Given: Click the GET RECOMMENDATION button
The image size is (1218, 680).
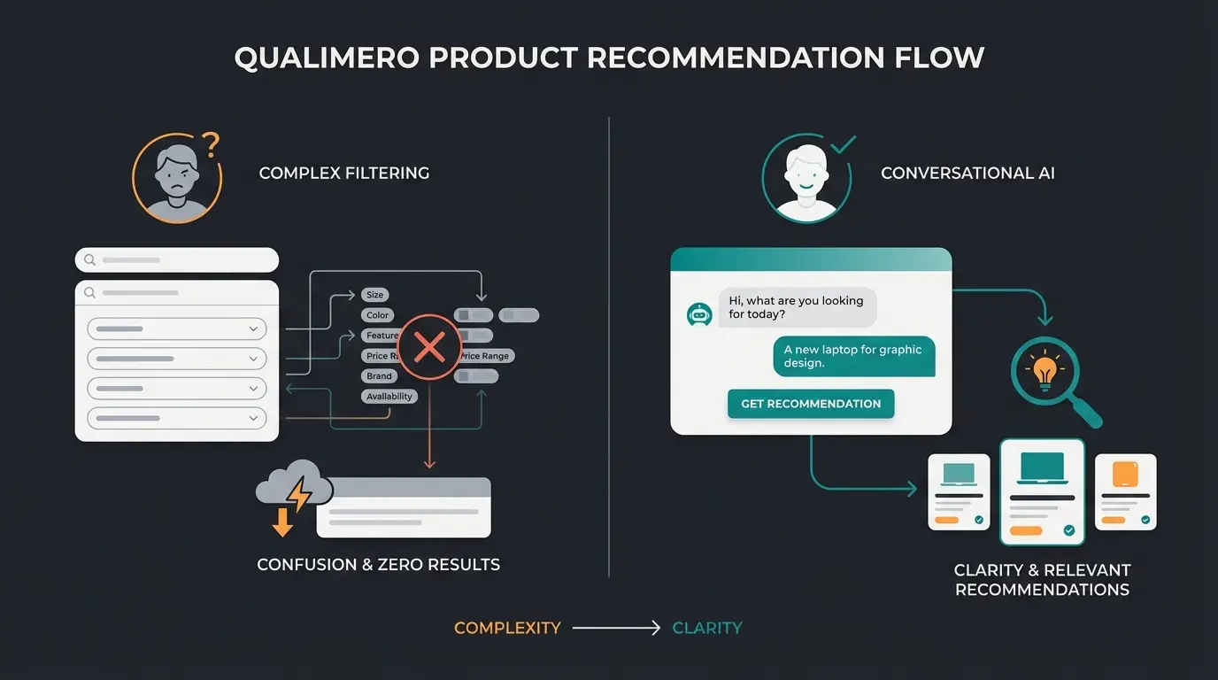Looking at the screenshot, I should tap(811, 404).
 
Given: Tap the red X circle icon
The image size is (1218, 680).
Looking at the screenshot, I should tap(429, 347).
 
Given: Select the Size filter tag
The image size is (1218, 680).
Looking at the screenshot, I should tap(375, 295).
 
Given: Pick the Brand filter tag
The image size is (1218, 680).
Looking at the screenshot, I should tap(378, 376).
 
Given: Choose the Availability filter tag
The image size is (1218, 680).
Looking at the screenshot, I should tap(389, 397).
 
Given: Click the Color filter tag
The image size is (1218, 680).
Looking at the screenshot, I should tap(378, 315).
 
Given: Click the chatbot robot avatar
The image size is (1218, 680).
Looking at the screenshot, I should tap(699, 314).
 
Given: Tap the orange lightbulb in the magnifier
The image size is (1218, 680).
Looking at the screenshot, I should tap(1045, 372).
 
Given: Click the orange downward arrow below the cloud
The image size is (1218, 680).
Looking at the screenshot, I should tap(282, 522).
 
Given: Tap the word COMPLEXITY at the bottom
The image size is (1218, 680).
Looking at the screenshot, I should tap(507, 629).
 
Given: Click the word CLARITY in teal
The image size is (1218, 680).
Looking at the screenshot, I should tap(707, 629).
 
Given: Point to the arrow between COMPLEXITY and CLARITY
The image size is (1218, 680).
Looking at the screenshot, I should tap(616, 629).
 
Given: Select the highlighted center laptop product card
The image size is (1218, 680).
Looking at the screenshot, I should tap(1042, 491).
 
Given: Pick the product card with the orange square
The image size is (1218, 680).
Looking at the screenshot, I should tap(1125, 491).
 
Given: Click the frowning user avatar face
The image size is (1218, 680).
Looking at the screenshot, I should tap(176, 177).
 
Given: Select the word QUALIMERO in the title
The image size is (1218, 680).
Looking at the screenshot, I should tap(327, 58).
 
